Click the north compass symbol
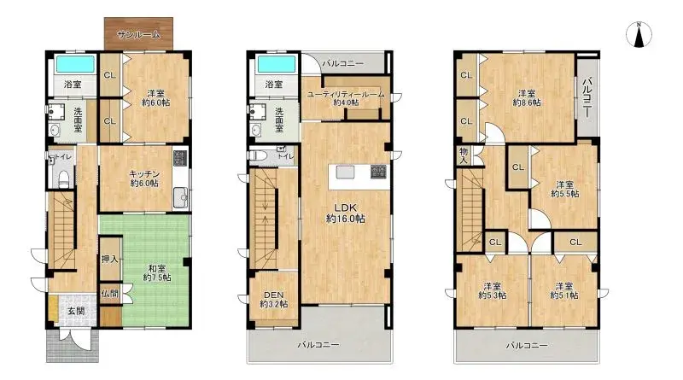[638, 35]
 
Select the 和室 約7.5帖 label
[156, 272]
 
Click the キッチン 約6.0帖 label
[143, 177]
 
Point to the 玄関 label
[76, 311]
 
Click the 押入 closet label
[109, 259]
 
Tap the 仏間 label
[109, 293]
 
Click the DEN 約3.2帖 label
[273, 298]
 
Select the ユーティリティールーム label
[346, 97]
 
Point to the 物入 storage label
[464, 155]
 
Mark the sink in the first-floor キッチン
[181, 198]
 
